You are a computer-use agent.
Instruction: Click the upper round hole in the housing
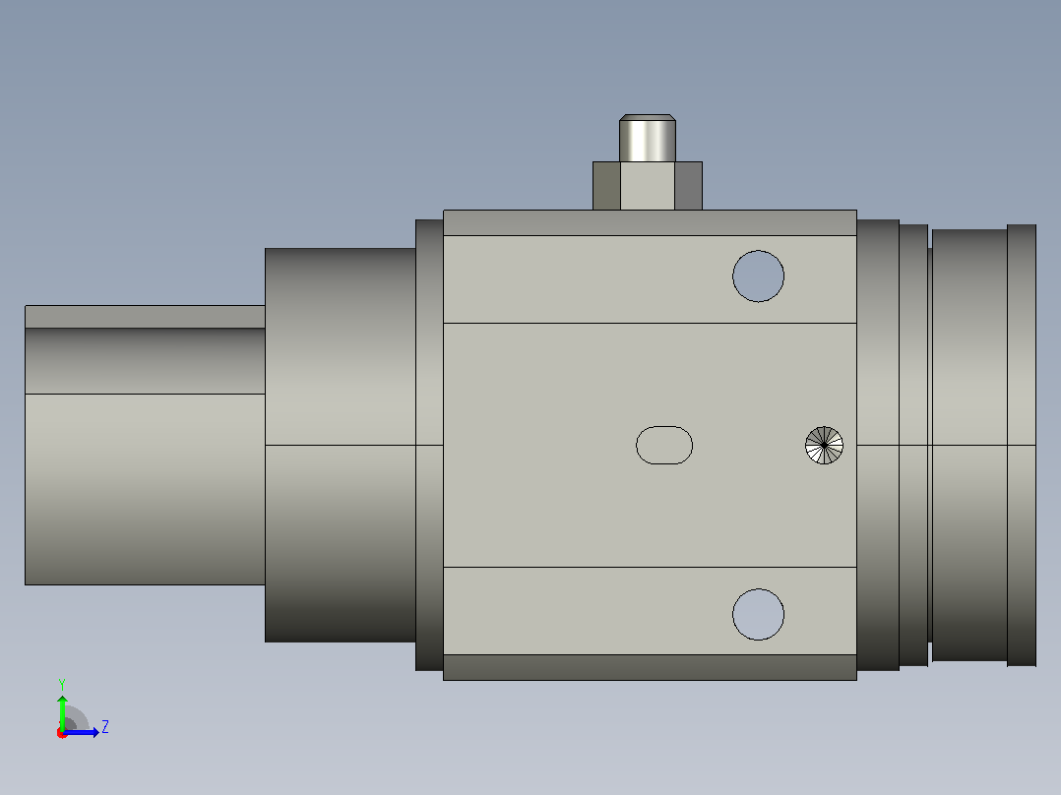coord(759,276)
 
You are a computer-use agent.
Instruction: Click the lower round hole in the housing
coord(759,614)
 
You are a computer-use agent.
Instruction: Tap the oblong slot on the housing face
coord(664,445)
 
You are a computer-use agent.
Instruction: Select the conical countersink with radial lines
coord(824,445)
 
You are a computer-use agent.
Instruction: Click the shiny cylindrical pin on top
coord(648,138)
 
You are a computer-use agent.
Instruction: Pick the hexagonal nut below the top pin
coord(648,186)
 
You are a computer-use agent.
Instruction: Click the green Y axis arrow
coord(62,712)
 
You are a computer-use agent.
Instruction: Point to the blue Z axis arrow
coord(81,732)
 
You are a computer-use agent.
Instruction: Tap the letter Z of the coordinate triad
coord(105,727)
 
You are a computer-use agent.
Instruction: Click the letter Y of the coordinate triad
coord(62,684)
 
